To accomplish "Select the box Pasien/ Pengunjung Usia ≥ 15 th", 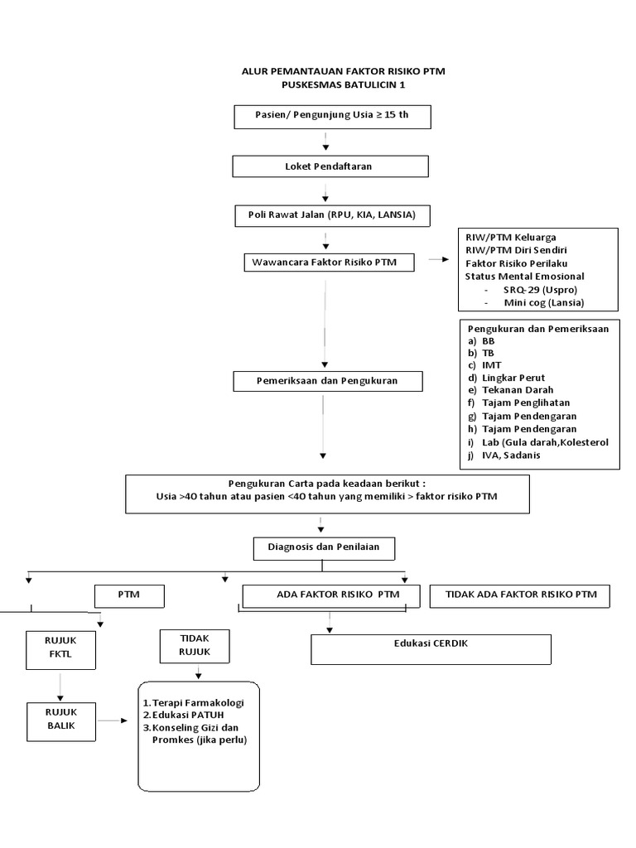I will (331, 116).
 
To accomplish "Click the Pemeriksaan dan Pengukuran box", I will (328, 381).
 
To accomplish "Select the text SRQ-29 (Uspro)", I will (539, 289).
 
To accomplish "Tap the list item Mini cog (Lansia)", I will (543, 302).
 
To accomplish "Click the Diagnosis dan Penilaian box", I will (323, 548).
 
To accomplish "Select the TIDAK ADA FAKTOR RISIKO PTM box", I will (521, 595).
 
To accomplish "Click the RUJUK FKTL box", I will (60, 650).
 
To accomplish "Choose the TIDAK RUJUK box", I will (195, 644).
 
